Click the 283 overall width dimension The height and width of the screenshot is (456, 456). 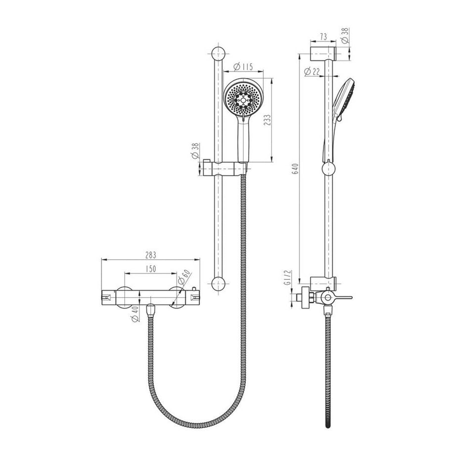151,255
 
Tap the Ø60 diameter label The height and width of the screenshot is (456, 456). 185,278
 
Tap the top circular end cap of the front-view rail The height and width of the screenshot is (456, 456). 218,53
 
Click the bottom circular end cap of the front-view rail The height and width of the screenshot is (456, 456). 218,283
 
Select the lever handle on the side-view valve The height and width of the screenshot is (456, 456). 341,298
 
